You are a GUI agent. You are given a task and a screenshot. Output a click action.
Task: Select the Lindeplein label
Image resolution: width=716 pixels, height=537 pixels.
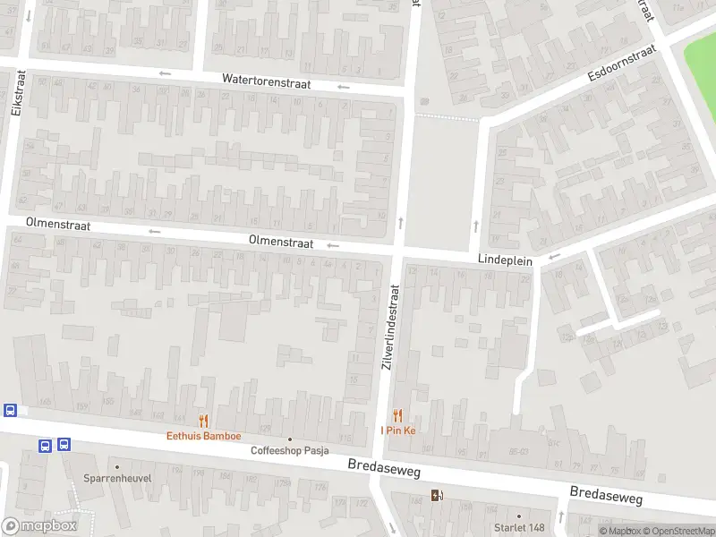point(505,260)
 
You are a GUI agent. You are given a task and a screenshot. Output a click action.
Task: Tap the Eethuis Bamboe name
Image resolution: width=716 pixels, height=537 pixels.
point(204,436)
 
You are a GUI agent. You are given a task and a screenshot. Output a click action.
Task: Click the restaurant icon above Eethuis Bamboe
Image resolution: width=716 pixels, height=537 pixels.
point(204,420)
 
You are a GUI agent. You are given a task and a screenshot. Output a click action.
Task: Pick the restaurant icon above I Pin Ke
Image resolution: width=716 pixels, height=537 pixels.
point(398,415)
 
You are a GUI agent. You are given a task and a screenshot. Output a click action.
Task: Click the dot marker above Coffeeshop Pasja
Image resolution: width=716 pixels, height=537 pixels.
point(289,439)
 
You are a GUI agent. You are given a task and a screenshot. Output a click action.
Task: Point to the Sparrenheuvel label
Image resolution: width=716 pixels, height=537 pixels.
point(117,478)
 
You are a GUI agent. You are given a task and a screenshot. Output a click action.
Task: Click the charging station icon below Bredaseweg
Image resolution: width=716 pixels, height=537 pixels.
point(437,495)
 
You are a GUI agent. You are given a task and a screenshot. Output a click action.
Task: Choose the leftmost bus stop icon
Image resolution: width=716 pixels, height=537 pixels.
point(10,411)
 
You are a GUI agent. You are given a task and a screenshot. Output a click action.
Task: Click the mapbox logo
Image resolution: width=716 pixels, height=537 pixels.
point(39,526)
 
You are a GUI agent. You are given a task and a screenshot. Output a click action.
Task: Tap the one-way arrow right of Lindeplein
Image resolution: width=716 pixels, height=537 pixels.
point(555,257)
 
